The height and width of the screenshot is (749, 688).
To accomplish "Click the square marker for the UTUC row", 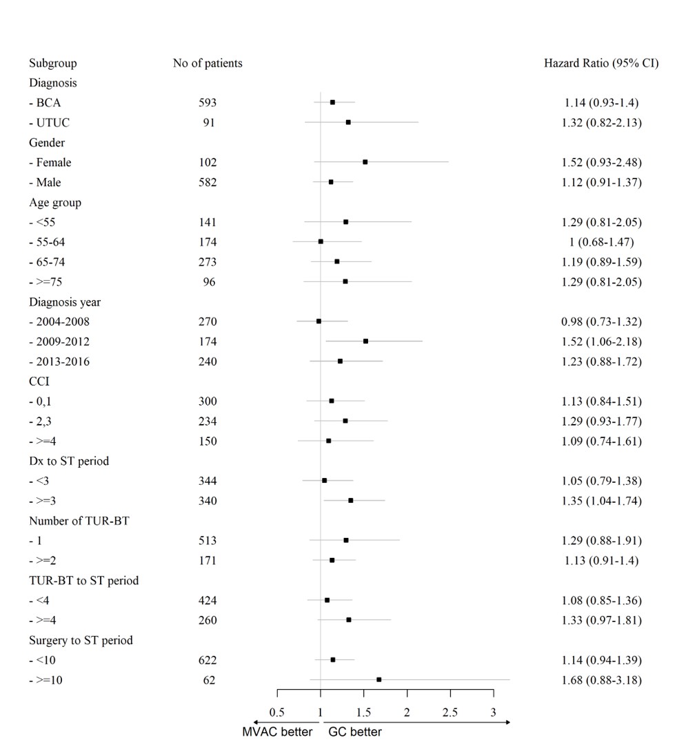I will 348,122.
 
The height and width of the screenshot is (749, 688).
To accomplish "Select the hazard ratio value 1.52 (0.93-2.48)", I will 601,163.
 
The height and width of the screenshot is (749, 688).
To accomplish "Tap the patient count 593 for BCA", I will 207,103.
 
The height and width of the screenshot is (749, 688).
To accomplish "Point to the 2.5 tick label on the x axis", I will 449,712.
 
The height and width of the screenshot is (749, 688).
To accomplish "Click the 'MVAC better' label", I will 277,732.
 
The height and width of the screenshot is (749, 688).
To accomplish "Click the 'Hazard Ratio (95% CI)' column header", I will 601,63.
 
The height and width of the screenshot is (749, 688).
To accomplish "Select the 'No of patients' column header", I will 208,63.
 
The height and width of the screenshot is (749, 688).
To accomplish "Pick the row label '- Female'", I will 50,163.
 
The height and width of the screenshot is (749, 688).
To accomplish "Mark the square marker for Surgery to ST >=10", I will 379,679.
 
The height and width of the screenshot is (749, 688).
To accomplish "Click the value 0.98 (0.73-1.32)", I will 601,322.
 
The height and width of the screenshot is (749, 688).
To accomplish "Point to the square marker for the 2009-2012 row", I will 365,341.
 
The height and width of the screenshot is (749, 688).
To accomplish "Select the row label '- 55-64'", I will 48,242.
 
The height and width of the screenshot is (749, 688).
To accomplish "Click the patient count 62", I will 209,680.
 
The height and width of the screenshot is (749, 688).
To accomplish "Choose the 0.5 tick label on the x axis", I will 277,712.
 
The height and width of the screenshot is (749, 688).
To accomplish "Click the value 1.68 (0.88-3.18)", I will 601,681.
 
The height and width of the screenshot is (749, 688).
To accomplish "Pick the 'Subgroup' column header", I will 53,63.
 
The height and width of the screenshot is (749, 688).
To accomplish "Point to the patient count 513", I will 207,541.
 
